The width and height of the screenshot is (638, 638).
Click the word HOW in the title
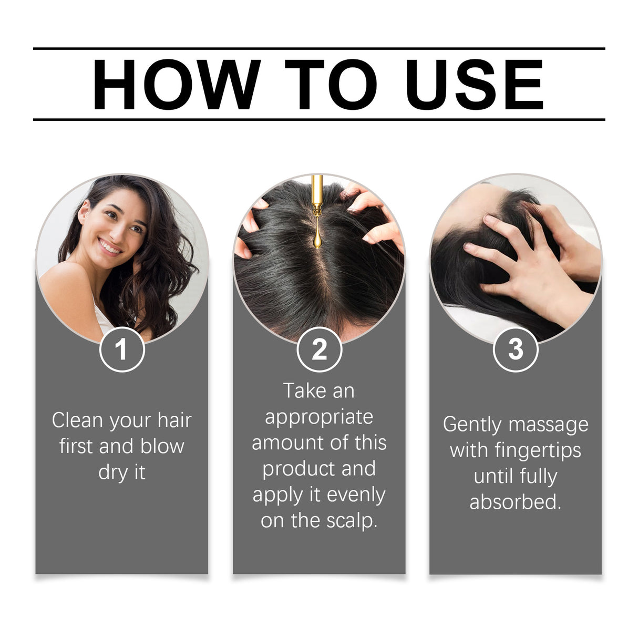tap(176, 85)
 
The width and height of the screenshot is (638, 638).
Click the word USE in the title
tap(475, 85)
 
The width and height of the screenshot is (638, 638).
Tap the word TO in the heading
tap(331, 85)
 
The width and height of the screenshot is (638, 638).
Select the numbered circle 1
tap(122, 349)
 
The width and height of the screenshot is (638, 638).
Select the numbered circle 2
tap(319, 349)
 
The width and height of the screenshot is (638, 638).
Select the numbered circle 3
tap(516, 349)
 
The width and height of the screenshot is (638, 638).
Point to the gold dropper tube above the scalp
tap(317, 192)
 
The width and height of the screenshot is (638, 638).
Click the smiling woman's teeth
tap(109, 246)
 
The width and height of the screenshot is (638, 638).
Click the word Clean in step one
tap(77, 420)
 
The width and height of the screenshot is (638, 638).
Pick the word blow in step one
tap(162, 446)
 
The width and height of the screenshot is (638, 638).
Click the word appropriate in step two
tap(319, 417)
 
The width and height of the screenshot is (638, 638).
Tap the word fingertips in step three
tap(538, 450)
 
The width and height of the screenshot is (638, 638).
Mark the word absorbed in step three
tap(515, 502)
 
